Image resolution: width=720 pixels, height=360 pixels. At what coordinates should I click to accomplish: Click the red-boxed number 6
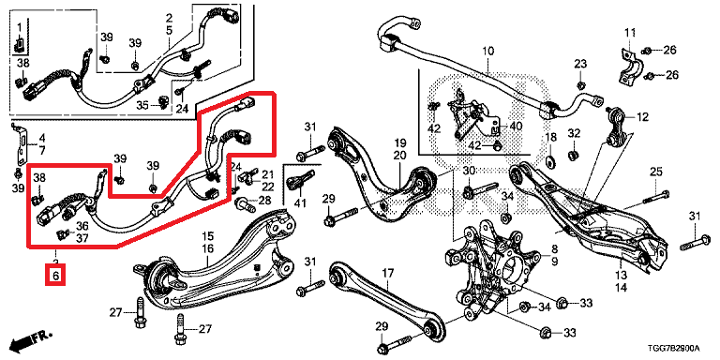tap(55, 276)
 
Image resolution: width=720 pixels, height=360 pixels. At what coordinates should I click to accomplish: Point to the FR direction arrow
tap(31, 338)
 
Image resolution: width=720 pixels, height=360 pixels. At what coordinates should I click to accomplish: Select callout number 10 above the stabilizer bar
tap(487, 51)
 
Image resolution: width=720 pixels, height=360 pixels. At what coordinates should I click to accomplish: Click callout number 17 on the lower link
tap(388, 274)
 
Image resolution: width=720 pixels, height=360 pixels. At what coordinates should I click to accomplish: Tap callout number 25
tap(655, 173)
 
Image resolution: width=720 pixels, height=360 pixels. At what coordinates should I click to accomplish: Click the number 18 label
tap(550, 137)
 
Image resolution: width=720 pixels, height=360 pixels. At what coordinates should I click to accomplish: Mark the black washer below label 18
tap(549, 161)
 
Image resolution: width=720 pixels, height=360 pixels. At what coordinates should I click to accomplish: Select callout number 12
tap(642, 117)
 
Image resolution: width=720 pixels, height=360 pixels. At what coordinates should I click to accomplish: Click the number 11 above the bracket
tap(630, 32)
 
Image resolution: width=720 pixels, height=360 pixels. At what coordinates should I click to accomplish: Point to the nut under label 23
tap(580, 84)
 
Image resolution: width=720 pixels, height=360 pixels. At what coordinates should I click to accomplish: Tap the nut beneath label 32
tap(573, 156)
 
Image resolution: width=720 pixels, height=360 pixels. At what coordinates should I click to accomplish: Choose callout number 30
tap(468, 171)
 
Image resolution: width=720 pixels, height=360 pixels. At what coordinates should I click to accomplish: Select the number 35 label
tap(142, 106)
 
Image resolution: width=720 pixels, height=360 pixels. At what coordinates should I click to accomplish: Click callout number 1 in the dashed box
tap(20, 28)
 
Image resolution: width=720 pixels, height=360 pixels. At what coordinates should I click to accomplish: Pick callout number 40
tap(516, 126)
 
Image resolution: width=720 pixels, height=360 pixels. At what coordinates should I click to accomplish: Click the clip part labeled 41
tap(300, 179)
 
